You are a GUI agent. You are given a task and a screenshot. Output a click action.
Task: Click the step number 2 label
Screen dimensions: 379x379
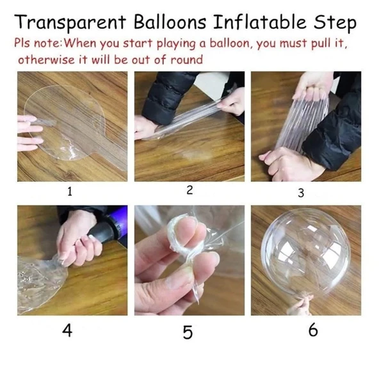pyautogui.click(x=189, y=190)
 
